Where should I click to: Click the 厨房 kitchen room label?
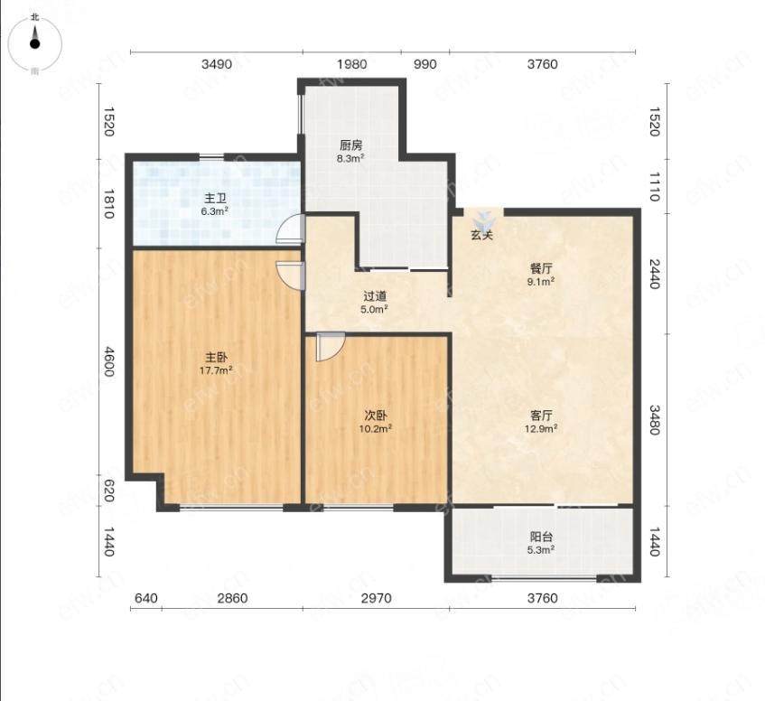coord(351,145)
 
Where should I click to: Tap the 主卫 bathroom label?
coord(215,199)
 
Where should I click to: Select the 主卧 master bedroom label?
coord(216,358)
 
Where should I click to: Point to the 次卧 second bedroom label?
coord(376,416)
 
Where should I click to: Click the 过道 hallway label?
coord(375,296)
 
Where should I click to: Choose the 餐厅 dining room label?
coord(542,269)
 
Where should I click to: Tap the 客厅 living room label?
coord(542,416)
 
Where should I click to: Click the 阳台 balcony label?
coord(542,537)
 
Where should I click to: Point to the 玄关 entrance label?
coord(482,235)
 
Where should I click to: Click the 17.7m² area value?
coord(216,370)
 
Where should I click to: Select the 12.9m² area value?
coord(542,429)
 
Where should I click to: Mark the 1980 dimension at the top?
coord(351,64)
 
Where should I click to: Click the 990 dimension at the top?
coord(424,64)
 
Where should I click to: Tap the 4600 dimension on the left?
coord(108,361)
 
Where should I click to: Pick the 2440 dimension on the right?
coord(655,274)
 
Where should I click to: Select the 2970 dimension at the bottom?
coord(376,598)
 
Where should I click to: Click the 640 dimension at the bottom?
coord(146,598)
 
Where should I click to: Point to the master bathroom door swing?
coord(289,229)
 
